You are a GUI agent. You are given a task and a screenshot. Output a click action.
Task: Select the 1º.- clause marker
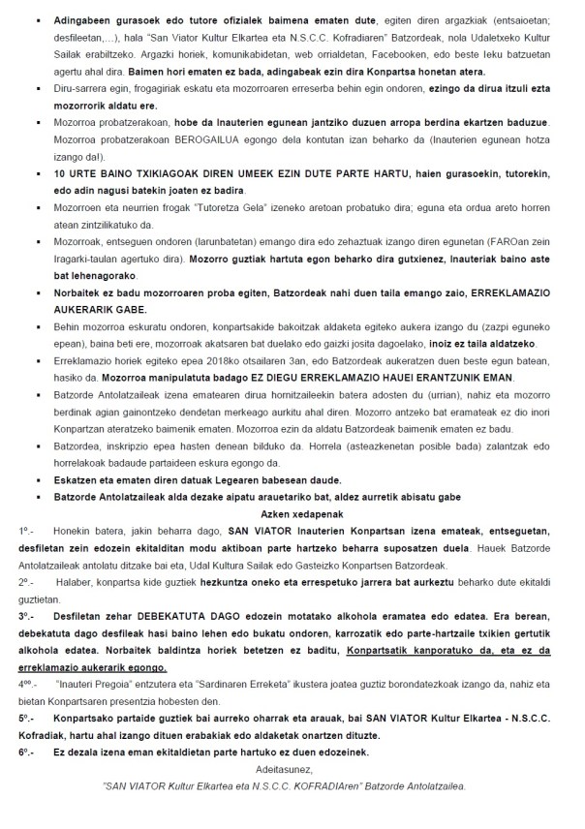tap(26, 532)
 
